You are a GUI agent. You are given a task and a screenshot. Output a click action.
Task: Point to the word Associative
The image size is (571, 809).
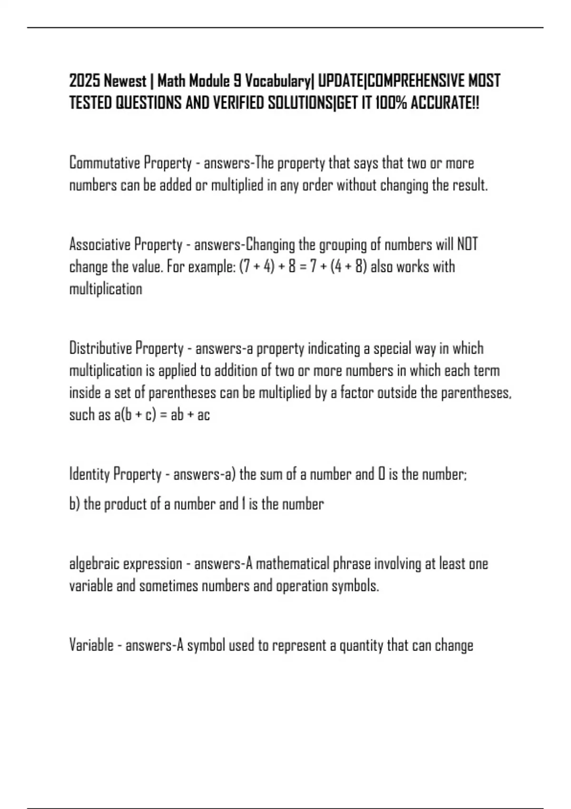click(99, 245)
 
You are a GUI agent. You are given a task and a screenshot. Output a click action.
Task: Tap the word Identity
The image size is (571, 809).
click(89, 474)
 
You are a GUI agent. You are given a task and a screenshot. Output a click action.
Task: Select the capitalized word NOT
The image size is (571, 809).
click(467, 245)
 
